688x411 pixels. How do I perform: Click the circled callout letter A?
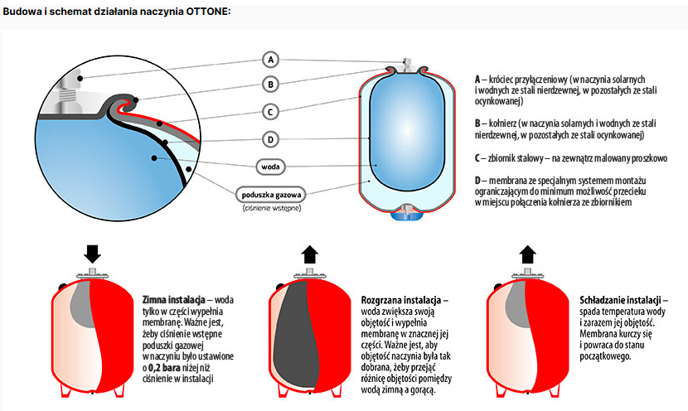[x=270, y=60]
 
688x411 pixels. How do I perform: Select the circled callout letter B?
[x=270, y=84]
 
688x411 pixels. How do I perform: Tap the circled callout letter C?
[x=270, y=111]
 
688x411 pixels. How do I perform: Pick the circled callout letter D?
[x=270, y=139]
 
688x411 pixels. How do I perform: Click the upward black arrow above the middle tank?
[x=308, y=254]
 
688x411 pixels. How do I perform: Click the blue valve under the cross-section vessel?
[x=407, y=214]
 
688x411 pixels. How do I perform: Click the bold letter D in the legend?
[x=478, y=181]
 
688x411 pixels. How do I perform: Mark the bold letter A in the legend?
[x=478, y=77]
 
